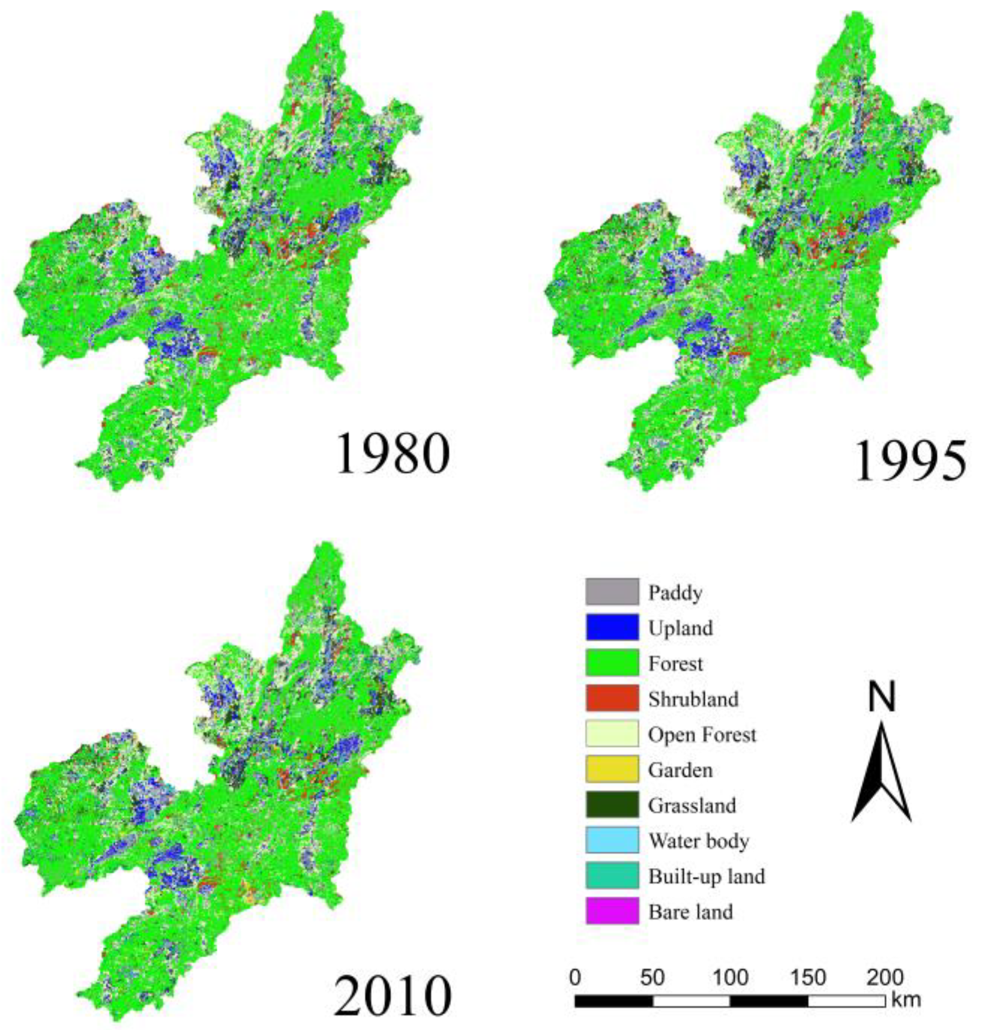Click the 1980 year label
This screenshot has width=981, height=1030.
393,454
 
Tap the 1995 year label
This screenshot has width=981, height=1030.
910,460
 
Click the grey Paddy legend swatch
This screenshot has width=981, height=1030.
612,592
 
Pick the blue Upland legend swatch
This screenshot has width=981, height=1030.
612,627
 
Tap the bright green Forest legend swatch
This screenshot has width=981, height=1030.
612,663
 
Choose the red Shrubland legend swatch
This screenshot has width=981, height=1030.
612,698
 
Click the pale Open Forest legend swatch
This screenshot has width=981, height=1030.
612,734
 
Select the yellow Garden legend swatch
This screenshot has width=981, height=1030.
612,769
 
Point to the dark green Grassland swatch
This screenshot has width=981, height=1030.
612,805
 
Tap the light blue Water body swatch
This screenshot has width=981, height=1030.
612,840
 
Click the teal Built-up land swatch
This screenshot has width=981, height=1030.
612,875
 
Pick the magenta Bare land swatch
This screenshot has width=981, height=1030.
612,911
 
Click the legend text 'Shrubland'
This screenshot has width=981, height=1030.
693,699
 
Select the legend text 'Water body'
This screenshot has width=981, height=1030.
699,841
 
